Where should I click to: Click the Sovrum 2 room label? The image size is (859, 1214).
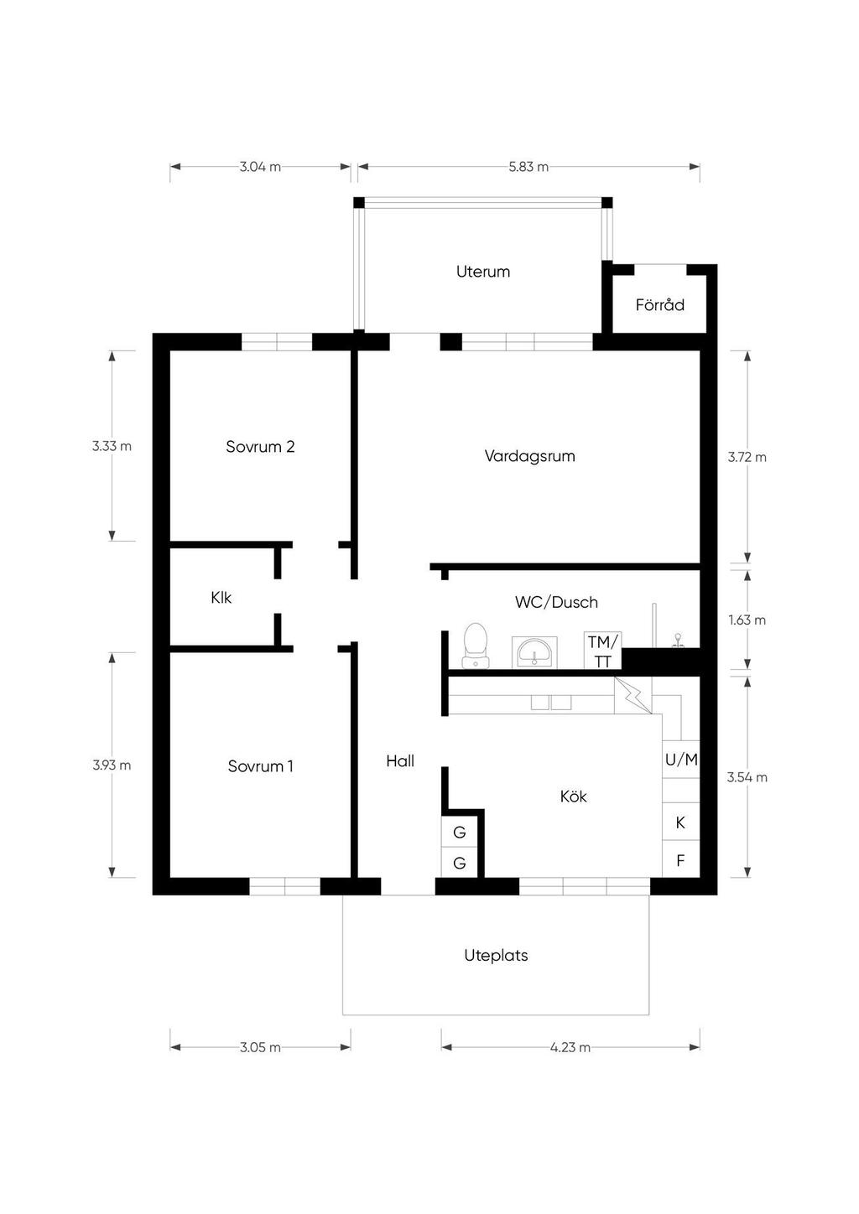[260, 447]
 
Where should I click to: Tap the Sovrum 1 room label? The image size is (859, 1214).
[260, 765]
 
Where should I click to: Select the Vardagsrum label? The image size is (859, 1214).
[530, 456]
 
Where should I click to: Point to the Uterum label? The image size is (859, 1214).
[483, 272]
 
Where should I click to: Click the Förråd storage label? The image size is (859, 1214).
[660, 304]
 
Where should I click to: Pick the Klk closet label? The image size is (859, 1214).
[221, 597]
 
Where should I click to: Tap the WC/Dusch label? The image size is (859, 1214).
[556, 602]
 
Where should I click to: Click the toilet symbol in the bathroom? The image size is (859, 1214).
[476, 646]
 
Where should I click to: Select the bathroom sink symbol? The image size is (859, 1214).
[534, 652]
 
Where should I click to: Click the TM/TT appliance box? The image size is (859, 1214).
[602, 651]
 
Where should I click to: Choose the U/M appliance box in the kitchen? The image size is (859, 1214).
[681, 760]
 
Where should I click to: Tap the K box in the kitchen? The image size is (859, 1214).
[681, 822]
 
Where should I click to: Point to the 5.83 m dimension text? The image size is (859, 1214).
[528, 167]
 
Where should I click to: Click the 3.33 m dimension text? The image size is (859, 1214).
[112, 446]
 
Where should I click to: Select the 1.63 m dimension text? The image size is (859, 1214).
[747, 620]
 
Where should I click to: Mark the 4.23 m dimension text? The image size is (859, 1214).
[570, 1047]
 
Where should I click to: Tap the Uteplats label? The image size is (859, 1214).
[497, 956]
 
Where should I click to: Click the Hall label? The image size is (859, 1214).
[400, 761]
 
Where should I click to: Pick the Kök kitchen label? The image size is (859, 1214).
[573, 796]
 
